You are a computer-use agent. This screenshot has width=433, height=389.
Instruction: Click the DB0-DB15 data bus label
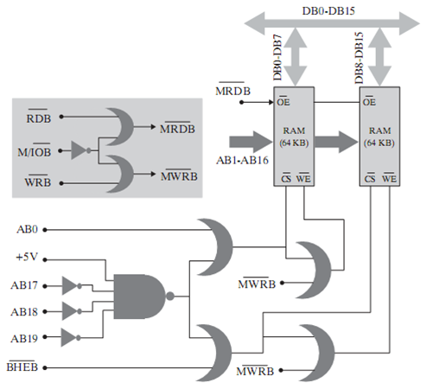point(328,11)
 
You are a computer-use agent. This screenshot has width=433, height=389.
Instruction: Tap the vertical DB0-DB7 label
point(277,58)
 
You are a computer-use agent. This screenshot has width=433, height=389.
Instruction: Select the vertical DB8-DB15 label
point(359,58)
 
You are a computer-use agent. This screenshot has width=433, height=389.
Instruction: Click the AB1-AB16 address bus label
point(242,160)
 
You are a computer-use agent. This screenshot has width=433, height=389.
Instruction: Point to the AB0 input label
point(27,229)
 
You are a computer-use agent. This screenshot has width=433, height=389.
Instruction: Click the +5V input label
point(27,257)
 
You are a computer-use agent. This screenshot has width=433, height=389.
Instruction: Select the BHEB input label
point(22,367)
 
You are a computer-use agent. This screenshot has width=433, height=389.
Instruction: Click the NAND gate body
point(140,297)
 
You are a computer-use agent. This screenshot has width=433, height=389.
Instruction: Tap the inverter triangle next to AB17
point(70,286)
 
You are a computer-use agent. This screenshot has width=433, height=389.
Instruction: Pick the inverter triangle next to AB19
point(69,337)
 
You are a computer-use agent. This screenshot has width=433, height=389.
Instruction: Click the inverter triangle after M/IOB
point(79,150)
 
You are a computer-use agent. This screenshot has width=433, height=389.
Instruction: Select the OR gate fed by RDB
point(120,127)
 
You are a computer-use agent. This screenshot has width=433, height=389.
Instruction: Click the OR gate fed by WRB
point(120,174)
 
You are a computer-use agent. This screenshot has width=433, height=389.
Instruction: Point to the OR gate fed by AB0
point(217,247)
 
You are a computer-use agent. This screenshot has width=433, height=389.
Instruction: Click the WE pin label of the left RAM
point(303,178)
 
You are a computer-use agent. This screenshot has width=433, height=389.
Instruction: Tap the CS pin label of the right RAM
point(370,178)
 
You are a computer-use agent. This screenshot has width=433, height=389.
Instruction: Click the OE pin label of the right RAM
point(369,101)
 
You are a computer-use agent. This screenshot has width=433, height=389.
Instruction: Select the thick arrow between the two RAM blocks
point(336,142)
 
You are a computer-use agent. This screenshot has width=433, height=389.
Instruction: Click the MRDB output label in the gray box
point(177,128)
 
